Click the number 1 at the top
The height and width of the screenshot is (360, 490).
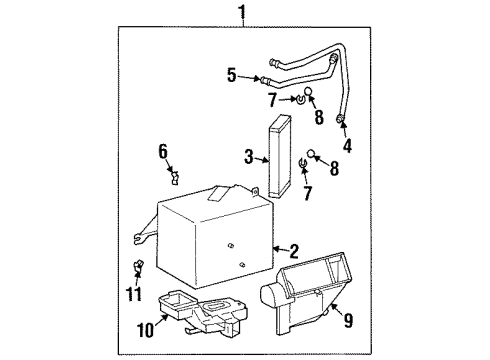coord(240,12)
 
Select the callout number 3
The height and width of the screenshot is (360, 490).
coord(248,156)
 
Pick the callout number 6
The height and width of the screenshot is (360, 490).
coord(162,151)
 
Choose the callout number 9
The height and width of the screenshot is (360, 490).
coord(347,322)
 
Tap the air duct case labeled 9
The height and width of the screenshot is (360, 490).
coord(305,283)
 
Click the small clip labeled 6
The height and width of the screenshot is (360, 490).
coord(174,177)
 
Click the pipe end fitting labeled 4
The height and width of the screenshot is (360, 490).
coord(343,121)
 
